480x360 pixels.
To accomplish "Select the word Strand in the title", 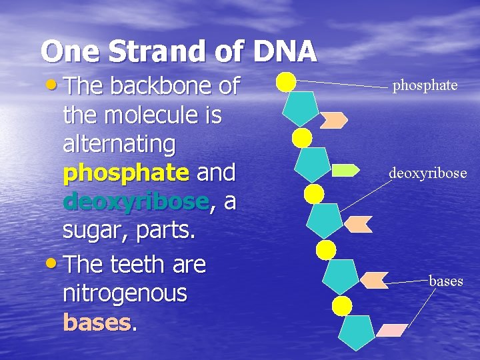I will point(167,51).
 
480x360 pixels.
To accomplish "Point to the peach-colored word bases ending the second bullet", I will point(97,323).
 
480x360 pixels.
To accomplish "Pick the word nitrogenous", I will point(125,293).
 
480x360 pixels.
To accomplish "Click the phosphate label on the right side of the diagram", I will point(425,85).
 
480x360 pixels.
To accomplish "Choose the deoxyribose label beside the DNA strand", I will point(427,173).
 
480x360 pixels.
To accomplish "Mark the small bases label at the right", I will point(445,281).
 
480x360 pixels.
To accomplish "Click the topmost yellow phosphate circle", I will point(286,81).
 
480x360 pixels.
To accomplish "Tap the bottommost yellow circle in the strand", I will point(342,306).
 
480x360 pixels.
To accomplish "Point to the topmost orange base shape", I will point(333,120).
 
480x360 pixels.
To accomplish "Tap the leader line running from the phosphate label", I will point(340,84).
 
